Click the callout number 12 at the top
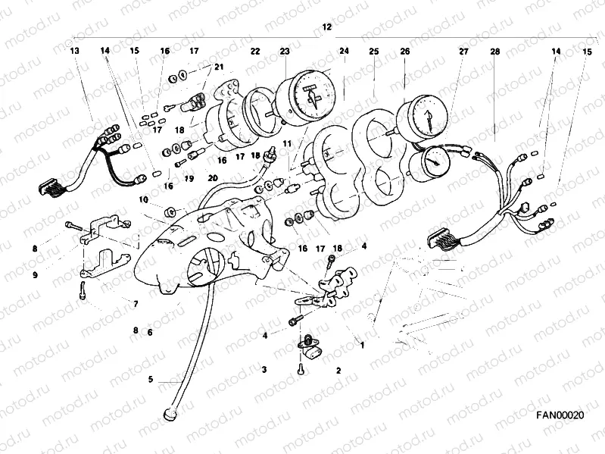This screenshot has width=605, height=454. [x=326, y=27]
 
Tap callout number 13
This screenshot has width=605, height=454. [x=74, y=51]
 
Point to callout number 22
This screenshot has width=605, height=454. [x=255, y=51]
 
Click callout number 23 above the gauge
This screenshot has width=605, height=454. [x=284, y=51]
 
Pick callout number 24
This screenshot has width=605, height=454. [x=344, y=51]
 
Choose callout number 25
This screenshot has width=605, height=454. [x=374, y=51]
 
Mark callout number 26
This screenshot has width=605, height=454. [x=404, y=51]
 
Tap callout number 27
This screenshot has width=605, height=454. [x=463, y=51]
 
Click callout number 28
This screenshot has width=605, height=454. [x=494, y=51]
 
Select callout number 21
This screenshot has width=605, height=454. [x=219, y=67]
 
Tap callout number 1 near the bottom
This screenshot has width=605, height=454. [x=362, y=345]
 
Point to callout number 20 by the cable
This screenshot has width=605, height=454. [x=213, y=179]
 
